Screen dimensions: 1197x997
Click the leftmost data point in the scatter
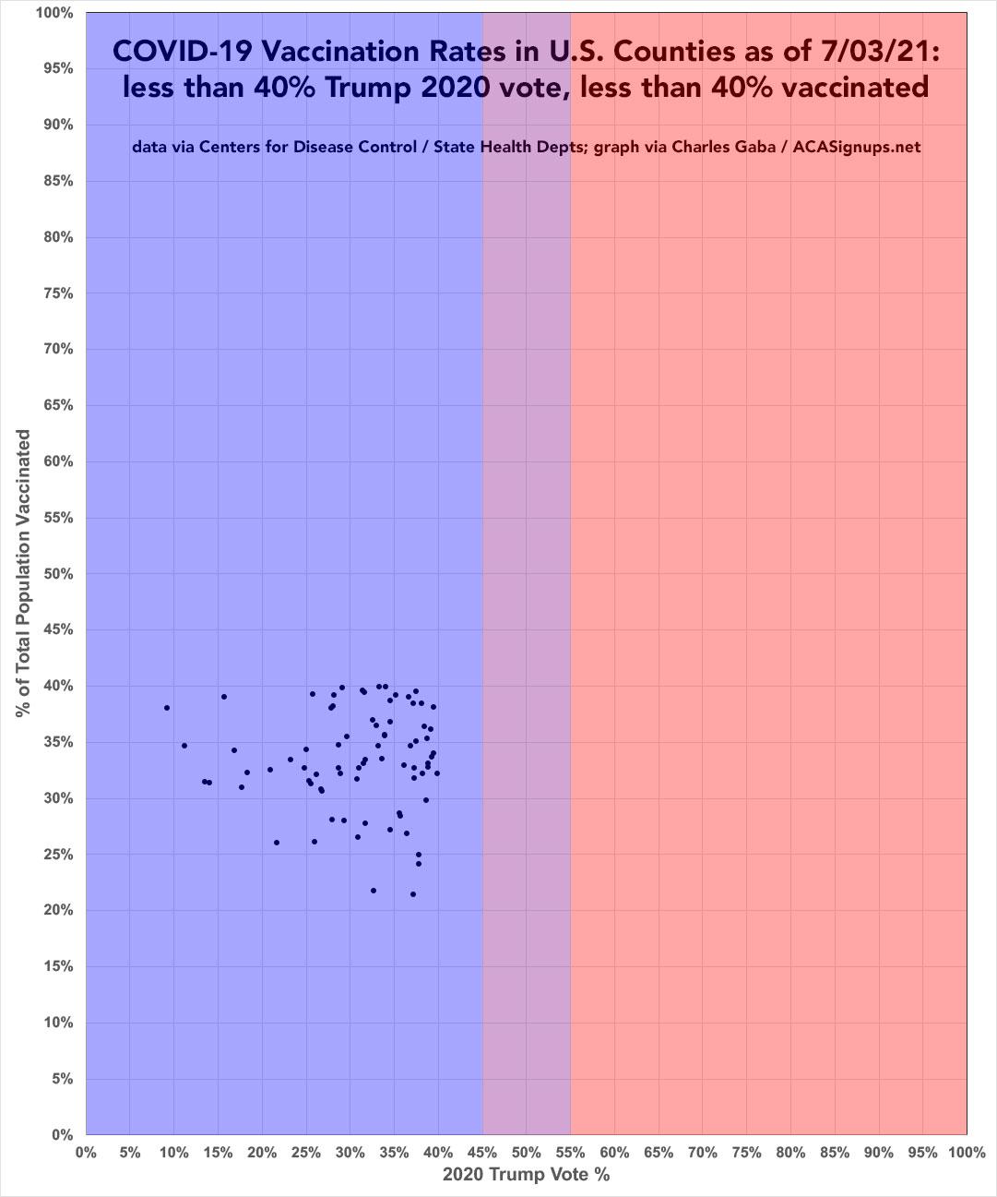pyautogui.click(x=167, y=708)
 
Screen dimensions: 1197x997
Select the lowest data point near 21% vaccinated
pyautogui.click(x=413, y=894)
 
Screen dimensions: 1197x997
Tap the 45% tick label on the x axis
pyautogui.click(x=482, y=1153)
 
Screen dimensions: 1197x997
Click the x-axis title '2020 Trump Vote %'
pyautogui.click(x=526, y=1175)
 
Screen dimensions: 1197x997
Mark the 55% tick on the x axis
pyautogui.click(x=571, y=1153)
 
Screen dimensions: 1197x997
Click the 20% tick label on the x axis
pyautogui.click(x=262, y=1153)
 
